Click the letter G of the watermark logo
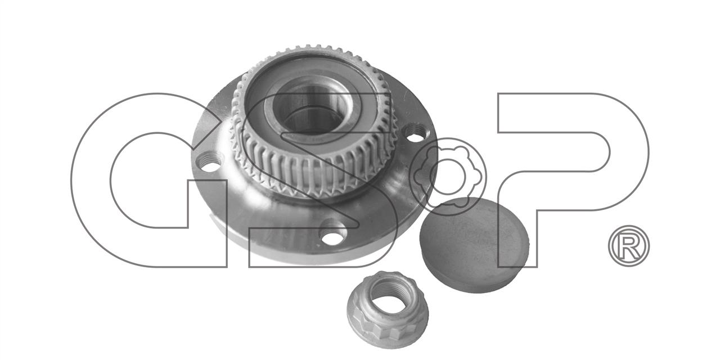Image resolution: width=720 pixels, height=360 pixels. pos(92,180)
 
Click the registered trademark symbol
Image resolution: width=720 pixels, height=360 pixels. pos(629,246)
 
